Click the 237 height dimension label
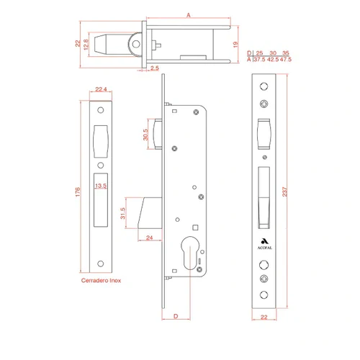(284, 192)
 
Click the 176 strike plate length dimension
(78, 192)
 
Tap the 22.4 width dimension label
(101, 89)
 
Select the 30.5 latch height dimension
(145, 135)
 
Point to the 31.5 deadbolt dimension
(122, 213)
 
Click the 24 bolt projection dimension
(150, 238)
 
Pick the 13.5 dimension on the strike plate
(101, 186)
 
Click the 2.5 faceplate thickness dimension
(155, 68)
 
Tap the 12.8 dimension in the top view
(86, 45)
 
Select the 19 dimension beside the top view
(235, 45)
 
